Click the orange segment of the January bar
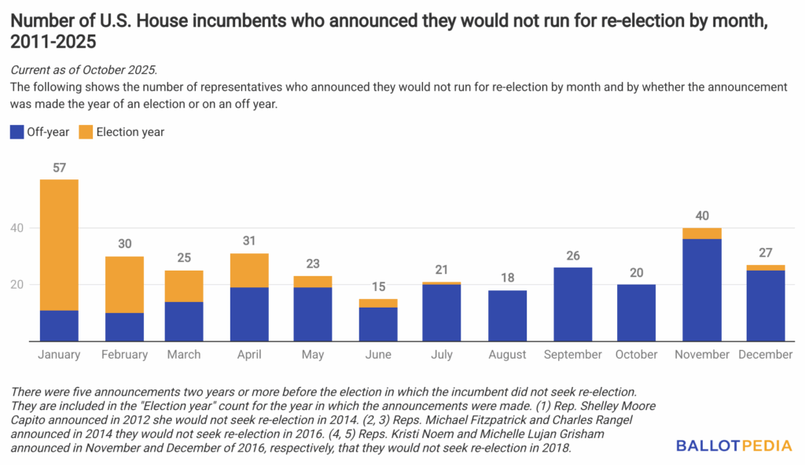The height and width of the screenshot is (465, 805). coord(58,245)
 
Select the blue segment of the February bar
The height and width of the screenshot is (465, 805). coord(124,327)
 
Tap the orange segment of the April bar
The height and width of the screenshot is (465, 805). coord(250,270)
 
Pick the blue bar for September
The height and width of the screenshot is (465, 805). coord(573,304)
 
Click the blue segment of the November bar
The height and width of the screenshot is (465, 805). coord(702,290)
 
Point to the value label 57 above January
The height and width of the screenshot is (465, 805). coord(58,168)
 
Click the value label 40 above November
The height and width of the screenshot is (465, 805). coord(702,216)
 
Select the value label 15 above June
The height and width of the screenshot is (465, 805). coord(378,287)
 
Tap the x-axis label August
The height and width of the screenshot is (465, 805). coord(507,355)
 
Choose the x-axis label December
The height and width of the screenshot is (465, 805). coord(766,355)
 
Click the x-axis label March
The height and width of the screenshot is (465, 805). coord(184,355)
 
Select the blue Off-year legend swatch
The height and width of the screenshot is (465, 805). coord(16,132)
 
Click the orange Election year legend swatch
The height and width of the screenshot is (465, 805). coord(85,132)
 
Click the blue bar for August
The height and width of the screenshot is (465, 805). coord(507,315)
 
